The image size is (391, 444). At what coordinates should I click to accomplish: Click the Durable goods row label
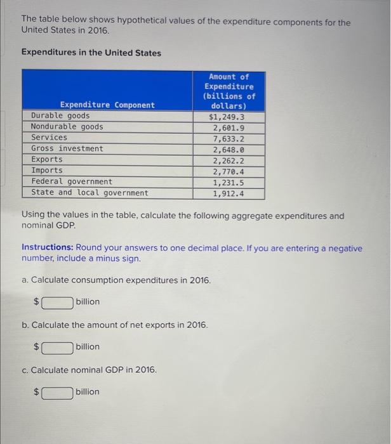click(60, 116)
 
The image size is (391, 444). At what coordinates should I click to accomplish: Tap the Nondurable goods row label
click(67, 127)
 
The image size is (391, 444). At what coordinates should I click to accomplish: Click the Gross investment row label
click(67, 148)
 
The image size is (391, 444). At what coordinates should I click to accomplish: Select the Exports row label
click(47, 159)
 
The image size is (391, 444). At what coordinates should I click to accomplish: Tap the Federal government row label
click(72, 181)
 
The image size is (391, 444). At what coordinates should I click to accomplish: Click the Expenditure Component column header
click(107, 105)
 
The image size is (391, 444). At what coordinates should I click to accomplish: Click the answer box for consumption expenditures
click(57, 302)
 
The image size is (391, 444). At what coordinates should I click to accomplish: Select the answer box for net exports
click(57, 347)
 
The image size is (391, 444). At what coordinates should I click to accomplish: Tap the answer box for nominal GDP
click(57, 392)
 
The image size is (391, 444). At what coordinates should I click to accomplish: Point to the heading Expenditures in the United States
click(91, 53)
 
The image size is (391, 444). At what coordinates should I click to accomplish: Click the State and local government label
click(89, 192)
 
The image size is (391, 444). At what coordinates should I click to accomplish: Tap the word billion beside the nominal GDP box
click(88, 391)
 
